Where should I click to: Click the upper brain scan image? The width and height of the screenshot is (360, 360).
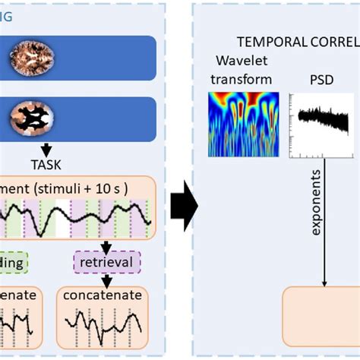coord(31,55)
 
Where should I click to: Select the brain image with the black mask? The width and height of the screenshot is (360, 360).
coord(31,119)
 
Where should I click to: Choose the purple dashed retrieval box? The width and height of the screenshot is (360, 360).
coord(107,264)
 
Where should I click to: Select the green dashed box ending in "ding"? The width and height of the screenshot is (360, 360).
coord(13,264)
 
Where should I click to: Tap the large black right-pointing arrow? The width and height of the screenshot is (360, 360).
coord(182,206)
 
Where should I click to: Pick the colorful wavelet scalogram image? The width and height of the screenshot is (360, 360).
coord(239,125)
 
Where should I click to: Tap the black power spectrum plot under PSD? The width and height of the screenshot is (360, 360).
coord(322,122)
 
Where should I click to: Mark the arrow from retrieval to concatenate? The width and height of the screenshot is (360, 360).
coord(107,279)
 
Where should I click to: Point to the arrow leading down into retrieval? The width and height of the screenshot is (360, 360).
coord(107,246)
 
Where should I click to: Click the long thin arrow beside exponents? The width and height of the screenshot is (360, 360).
coord(325,220)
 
